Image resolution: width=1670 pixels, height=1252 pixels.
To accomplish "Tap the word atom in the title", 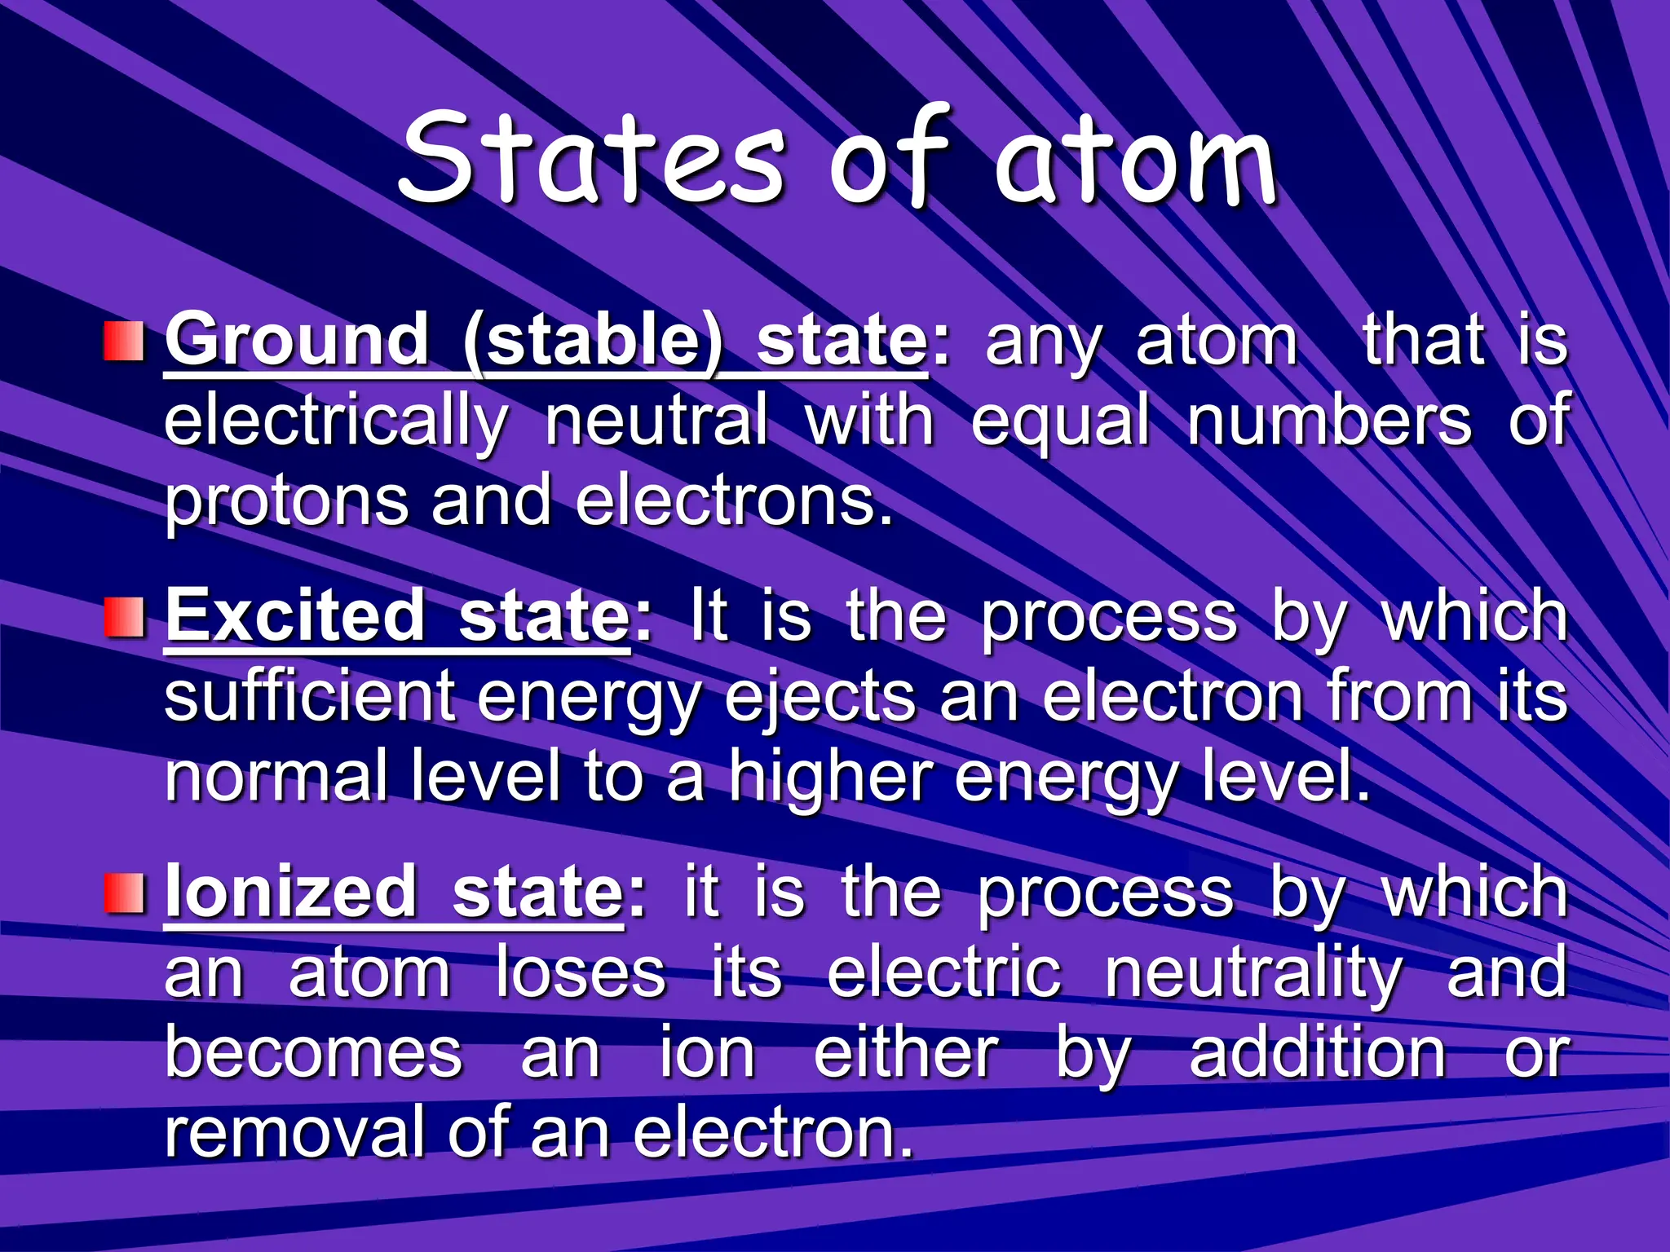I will [x=1135, y=163].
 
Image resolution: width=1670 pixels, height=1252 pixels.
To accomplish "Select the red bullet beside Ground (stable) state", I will [x=124, y=342].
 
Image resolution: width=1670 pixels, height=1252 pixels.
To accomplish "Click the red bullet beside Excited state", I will [x=124, y=617].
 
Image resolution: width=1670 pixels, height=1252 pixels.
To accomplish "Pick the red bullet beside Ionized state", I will [x=124, y=893].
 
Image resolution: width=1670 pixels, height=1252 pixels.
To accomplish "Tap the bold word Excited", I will [x=295, y=616].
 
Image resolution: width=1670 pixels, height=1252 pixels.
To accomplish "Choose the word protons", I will [x=286, y=504].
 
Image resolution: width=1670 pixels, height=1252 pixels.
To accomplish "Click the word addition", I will [x=1318, y=1053].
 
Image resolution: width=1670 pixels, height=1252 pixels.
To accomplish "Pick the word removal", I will [x=294, y=1133].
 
